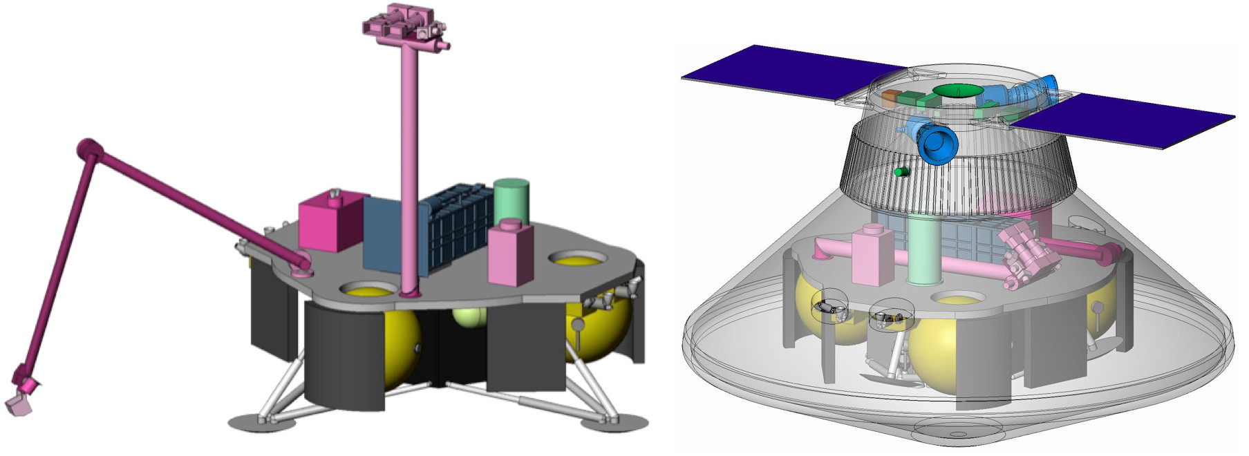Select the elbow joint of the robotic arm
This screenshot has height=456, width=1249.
[88, 149]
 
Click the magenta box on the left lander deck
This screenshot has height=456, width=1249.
[330, 221]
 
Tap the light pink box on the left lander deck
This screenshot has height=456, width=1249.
[511, 254]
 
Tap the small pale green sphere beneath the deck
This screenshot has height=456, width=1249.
[468, 319]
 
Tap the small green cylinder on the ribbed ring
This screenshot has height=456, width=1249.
[901, 171]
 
